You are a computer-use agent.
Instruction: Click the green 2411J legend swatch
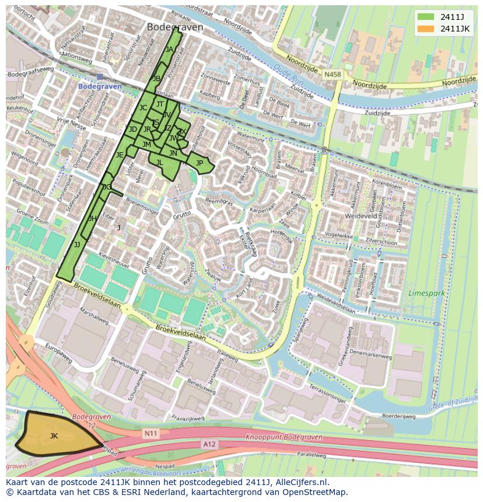click(x=425, y=16)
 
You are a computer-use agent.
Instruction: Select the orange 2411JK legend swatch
click(x=425, y=28)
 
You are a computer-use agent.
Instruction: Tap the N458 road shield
click(x=332, y=75)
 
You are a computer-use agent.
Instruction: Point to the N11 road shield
click(x=150, y=433)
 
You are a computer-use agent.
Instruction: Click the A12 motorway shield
click(x=209, y=444)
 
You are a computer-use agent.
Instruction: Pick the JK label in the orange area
click(x=54, y=436)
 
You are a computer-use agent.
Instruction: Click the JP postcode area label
click(x=199, y=163)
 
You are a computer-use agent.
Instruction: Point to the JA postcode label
click(x=169, y=50)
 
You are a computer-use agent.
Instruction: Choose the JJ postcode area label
click(x=77, y=245)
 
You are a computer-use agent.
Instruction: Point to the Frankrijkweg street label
click(x=187, y=418)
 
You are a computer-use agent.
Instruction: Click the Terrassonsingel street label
click(x=320, y=392)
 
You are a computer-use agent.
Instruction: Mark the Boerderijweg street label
click(x=398, y=416)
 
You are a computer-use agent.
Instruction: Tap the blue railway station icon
click(x=100, y=76)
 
